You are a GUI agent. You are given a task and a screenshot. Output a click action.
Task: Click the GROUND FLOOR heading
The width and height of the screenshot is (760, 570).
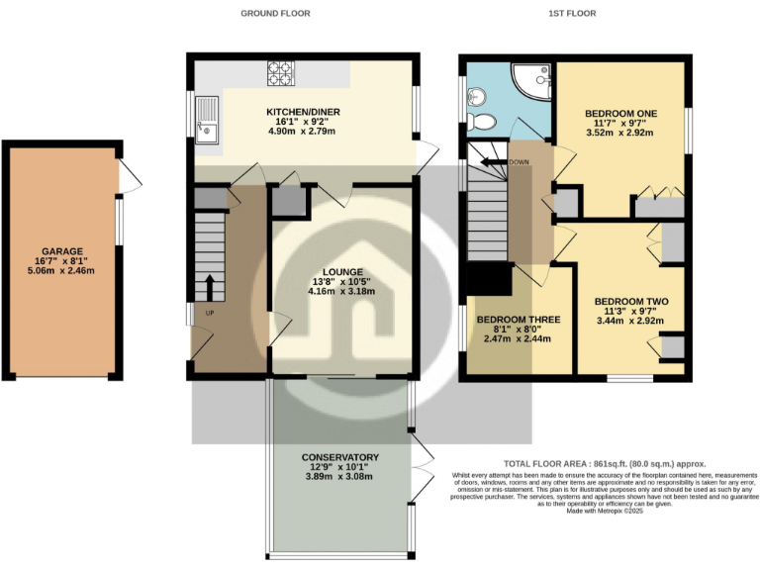pyautogui.click(x=276, y=14)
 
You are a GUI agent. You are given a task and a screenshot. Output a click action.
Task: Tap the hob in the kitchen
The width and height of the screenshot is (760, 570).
pyautogui.click(x=281, y=72)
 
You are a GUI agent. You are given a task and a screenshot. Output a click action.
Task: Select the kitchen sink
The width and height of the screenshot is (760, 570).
pyautogui.click(x=207, y=119)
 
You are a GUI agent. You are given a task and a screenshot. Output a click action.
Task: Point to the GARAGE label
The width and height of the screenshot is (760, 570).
pyautogui.click(x=62, y=251)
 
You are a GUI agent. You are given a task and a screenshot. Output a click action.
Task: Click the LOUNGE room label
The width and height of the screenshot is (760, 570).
pyautogui.click(x=341, y=272)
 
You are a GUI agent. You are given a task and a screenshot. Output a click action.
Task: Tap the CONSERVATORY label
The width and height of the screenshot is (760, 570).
pyautogui.click(x=341, y=457)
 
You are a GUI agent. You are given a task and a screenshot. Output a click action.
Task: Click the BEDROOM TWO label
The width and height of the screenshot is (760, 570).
pyautogui.click(x=631, y=302)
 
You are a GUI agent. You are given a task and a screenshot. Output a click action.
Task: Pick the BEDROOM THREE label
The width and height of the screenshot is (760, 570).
pyautogui.click(x=519, y=320)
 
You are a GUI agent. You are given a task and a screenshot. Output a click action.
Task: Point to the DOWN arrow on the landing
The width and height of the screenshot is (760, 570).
pyautogui.click(x=492, y=161)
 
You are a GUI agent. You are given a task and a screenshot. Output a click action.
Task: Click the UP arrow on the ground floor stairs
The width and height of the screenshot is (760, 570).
pyautogui.click(x=210, y=287)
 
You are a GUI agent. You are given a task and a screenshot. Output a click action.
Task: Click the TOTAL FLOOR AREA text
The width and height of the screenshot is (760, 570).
pyautogui.click(x=577, y=463)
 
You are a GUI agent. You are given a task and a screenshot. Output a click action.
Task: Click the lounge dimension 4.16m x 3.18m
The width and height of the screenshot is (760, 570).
pyautogui.click(x=341, y=292)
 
